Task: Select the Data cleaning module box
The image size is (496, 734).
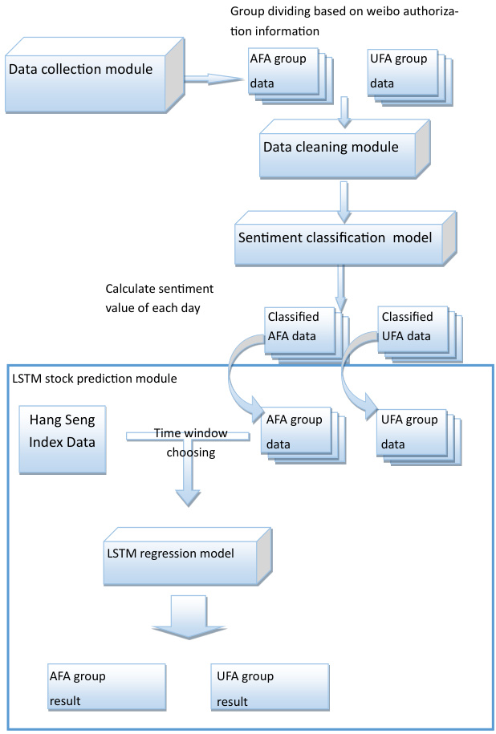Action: point(332,150)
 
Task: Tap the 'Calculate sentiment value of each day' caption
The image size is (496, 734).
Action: point(160,296)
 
